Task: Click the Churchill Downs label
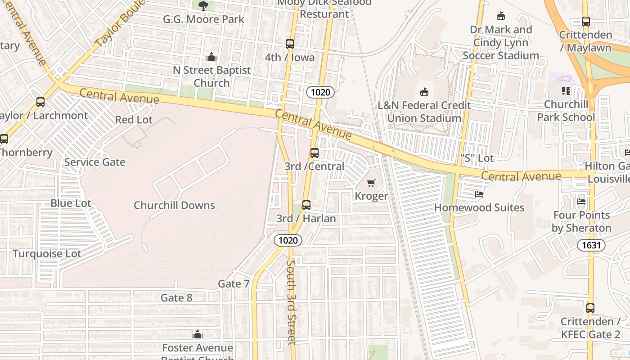tap(174, 206)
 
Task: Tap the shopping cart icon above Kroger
tap(371, 183)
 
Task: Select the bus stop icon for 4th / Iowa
tap(290, 44)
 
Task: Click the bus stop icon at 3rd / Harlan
tap(306, 205)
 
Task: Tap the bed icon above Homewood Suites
tap(479, 195)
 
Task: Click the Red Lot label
tap(134, 120)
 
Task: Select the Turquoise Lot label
tap(47, 253)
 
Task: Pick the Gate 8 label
tap(176, 297)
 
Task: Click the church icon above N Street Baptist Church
tap(211, 57)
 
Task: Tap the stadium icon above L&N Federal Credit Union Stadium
tap(424, 92)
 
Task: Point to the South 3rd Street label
tap(292, 301)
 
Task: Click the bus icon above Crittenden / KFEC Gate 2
tap(590, 308)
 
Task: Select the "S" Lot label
tap(477, 158)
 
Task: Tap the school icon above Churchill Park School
tap(566, 91)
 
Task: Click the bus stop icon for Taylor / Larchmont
tap(40, 102)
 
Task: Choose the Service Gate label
tap(94, 162)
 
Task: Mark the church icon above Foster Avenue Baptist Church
tap(197, 334)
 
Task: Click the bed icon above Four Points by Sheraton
tap(581, 202)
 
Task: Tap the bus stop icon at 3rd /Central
tap(315, 153)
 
